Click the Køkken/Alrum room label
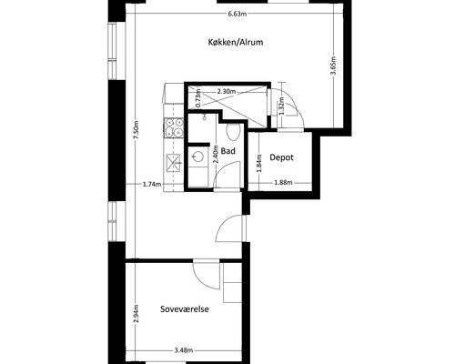236,42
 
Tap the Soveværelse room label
185,309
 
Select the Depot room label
281,157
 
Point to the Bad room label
228,151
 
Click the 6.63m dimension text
237,14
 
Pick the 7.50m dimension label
136,130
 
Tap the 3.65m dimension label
333,66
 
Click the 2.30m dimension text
227,91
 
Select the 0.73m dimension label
198,97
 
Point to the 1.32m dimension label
281,106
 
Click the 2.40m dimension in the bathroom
216,154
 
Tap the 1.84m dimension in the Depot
258,163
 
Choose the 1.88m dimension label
283,183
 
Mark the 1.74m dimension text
152,184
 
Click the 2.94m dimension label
136,314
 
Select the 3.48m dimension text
184,350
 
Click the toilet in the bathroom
233,132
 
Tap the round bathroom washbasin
197,157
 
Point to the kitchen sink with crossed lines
173,164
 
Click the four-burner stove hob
174,127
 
